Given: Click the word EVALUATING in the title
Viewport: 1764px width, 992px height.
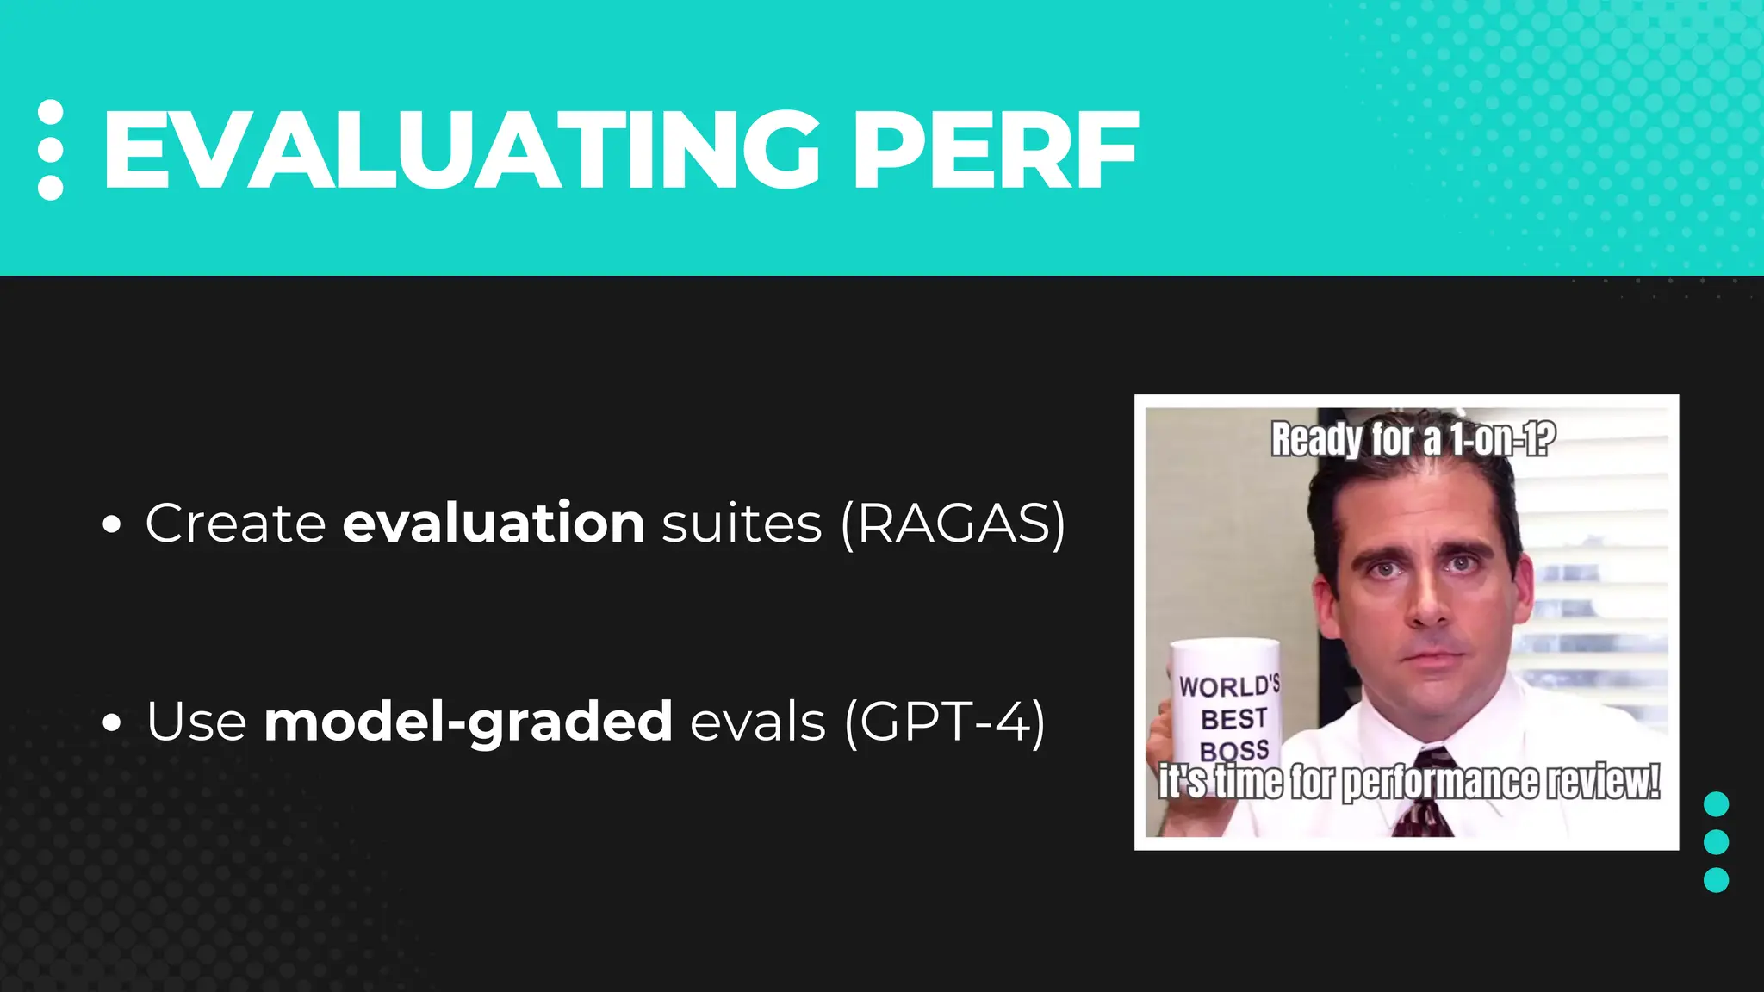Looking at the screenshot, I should [x=461, y=151].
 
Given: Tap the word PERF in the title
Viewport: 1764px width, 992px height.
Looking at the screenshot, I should [x=996, y=151].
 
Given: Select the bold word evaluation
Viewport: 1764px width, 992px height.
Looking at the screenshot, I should [x=494, y=523].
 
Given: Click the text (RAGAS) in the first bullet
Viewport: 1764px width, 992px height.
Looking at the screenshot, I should [x=953, y=523].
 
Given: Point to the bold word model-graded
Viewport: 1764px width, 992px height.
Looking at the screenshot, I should [x=468, y=721].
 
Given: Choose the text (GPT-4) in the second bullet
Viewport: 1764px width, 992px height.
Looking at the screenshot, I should [x=945, y=721].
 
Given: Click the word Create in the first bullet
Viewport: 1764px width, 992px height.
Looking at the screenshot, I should [x=235, y=523].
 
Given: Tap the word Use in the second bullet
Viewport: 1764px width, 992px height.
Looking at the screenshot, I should [x=196, y=721].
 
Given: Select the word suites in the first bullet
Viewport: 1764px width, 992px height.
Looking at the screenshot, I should [x=742, y=523].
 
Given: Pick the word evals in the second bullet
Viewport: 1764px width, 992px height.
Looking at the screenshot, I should [x=758, y=721].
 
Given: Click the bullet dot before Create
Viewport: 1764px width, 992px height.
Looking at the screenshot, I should [x=111, y=524].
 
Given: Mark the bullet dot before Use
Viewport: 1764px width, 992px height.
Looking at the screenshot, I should [x=111, y=722].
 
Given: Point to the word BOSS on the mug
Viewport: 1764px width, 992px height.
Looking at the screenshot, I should [x=1234, y=750].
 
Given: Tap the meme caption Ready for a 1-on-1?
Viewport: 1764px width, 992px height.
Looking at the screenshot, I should [x=1413, y=439].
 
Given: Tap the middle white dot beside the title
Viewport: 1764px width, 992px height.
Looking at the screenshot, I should [x=51, y=150].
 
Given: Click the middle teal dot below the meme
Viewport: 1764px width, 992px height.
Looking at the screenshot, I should [x=1716, y=841].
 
